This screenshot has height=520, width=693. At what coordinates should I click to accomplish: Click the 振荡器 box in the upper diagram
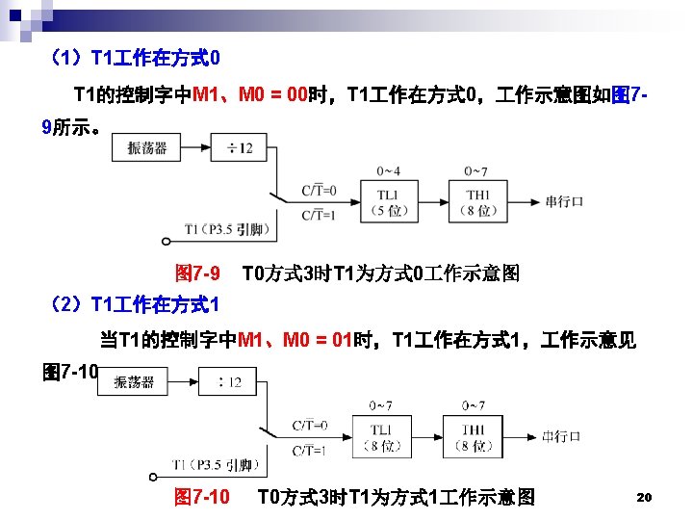tap(147, 147)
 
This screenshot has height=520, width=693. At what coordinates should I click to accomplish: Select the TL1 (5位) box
tap(389, 202)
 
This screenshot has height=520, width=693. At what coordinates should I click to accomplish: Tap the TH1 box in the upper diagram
tap(478, 202)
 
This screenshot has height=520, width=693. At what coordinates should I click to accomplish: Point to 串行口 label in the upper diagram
tap(565, 202)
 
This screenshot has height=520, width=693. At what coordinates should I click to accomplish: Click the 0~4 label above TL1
tap(389, 171)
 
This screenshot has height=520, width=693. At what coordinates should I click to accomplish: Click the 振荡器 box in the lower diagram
tap(134, 382)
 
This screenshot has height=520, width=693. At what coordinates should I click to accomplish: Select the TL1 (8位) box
tap(381, 436)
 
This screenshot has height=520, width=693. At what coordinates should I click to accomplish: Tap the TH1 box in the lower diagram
tap(472, 436)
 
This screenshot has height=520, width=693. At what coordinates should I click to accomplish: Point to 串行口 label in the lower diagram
tap(560, 436)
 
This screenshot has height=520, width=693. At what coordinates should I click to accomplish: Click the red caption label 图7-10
tap(201, 497)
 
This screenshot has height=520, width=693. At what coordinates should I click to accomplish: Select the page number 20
tap(645, 497)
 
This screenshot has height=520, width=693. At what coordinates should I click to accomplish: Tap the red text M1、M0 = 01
tap(295, 339)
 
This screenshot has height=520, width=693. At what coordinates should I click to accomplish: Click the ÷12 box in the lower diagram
tap(229, 382)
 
